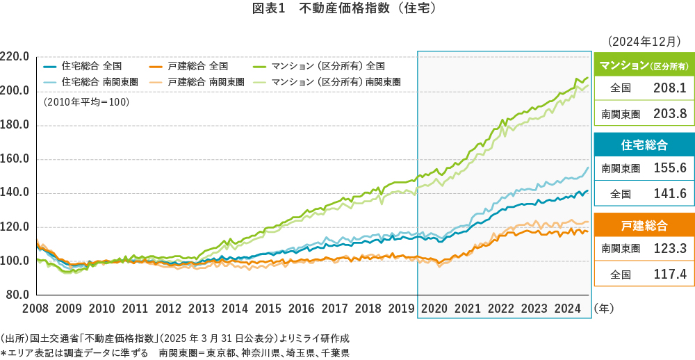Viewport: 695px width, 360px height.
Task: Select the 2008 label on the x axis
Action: click(35, 308)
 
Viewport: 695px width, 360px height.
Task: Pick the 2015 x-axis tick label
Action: click(268, 308)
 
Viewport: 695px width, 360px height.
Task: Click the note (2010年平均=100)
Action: click(86, 102)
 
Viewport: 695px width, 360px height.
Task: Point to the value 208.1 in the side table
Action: click(670, 88)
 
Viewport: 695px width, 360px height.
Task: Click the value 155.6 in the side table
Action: click(670, 169)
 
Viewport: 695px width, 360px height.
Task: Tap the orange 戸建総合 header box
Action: click(643, 225)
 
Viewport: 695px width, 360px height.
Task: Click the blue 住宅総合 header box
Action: click(643, 145)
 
